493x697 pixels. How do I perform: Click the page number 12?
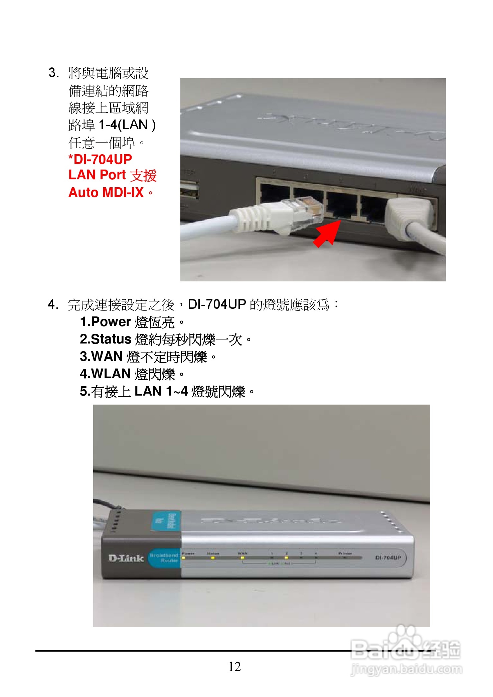(x=234, y=666)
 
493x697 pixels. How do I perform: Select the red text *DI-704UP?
(x=100, y=159)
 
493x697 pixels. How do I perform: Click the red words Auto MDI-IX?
(x=106, y=193)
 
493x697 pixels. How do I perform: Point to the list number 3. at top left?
(x=54, y=72)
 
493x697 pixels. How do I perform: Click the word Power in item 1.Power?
(x=111, y=322)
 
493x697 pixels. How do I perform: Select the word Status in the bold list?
(x=111, y=339)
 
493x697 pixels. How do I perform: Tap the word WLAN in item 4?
(x=111, y=374)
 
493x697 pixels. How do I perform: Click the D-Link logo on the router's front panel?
(x=126, y=558)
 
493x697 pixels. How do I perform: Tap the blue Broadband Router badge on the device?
(x=164, y=558)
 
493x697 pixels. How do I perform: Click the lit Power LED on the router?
(x=183, y=558)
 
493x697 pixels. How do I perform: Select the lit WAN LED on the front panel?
(x=242, y=558)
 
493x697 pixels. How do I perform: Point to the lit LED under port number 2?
(x=286, y=558)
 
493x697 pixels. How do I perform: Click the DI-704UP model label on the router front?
(x=388, y=557)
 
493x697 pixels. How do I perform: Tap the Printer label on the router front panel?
(x=345, y=553)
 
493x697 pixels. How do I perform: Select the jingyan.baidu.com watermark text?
(x=406, y=669)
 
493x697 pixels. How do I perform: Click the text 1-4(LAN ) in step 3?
(x=127, y=125)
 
